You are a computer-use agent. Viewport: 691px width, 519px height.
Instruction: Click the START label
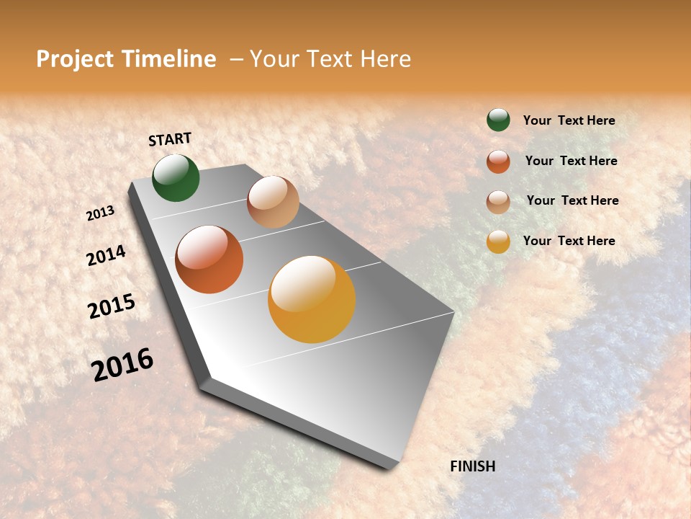[x=170, y=139]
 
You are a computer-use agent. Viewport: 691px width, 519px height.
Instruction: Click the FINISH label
[x=472, y=466]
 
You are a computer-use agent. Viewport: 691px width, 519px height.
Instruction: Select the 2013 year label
[x=101, y=213]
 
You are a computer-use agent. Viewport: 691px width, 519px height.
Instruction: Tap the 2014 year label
[x=106, y=255]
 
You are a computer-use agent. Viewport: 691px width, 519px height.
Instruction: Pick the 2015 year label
[x=112, y=306]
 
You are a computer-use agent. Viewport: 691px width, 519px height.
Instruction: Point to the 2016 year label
[x=122, y=365]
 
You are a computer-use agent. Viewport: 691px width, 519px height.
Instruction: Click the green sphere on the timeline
[x=176, y=178]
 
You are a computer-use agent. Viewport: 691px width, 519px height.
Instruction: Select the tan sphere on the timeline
[x=273, y=202]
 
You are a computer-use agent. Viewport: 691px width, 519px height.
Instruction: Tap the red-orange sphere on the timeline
[x=209, y=259]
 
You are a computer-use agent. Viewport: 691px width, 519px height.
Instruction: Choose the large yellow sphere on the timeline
[x=312, y=299]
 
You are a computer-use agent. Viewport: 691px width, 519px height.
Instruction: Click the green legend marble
[x=498, y=120]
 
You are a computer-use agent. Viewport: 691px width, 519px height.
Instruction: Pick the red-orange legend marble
[x=498, y=161]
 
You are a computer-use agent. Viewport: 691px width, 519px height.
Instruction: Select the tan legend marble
[x=498, y=202]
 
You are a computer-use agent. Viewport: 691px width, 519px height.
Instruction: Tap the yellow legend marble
[x=498, y=242]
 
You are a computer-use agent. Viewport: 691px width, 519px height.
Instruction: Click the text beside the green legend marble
[x=569, y=120]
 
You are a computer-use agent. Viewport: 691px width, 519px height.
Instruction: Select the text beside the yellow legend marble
[x=569, y=241]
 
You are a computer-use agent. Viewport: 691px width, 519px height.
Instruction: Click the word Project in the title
[x=75, y=59]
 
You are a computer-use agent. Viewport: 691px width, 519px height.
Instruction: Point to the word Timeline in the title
[x=170, y=59]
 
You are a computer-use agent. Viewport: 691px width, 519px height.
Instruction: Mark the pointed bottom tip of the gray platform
[x=392, y=467]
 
